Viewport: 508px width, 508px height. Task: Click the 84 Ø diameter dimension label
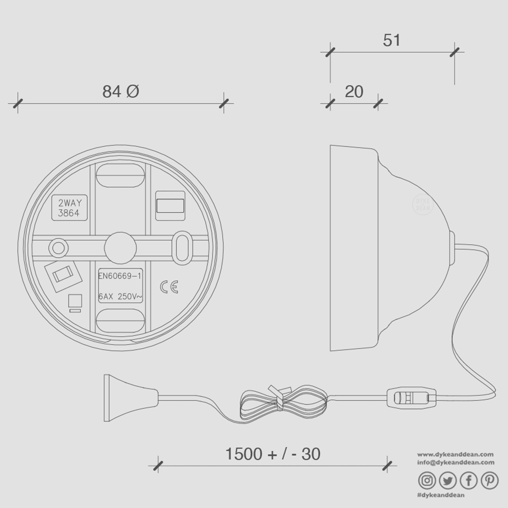click(121, 91)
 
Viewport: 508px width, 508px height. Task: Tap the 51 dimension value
click(392, 40)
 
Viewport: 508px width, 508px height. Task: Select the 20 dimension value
click(354, 92)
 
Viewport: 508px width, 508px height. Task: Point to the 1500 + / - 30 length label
click(273, 454)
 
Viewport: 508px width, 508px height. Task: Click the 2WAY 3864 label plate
click(69, 208)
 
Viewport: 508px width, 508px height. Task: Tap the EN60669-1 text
click(119, 276)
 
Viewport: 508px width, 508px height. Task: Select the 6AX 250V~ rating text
click(120, 297)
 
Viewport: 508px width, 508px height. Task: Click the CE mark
click(169, 287)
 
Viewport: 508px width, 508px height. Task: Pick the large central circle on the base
click(120, 247)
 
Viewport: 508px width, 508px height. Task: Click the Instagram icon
click(427, 480)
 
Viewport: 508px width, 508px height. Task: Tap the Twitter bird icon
click(447, 480)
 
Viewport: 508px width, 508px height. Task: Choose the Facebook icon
click(469, 480)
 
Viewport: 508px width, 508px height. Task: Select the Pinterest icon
click(489, 480)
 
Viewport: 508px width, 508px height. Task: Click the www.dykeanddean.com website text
click(455, 454)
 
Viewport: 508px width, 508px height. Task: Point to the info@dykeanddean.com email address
click(456, 462)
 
